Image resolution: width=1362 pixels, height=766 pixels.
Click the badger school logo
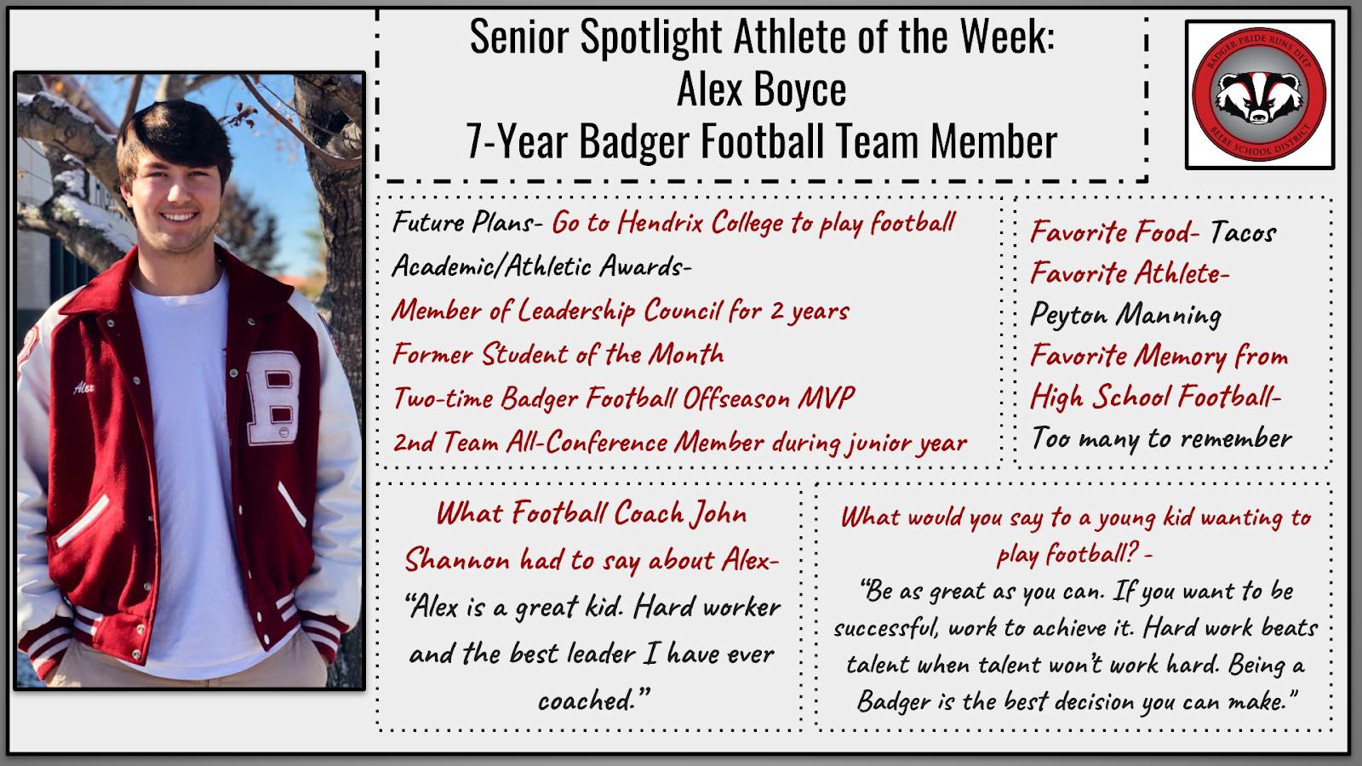tap(1259, 94)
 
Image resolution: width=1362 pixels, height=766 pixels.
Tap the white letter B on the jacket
tap(274, 397)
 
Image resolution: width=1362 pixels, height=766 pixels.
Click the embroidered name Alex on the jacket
tap(84, 387)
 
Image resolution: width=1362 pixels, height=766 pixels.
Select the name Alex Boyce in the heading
tap(761, 89)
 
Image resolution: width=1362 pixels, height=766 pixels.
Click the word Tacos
tap(1243, 232)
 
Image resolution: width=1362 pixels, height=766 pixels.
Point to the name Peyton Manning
tap(1125, 315)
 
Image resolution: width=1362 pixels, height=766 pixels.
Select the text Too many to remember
tap(1161, 438)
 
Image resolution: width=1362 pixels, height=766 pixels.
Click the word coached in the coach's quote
tap(587, 701)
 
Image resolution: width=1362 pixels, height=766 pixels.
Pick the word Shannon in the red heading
tap(457, 559)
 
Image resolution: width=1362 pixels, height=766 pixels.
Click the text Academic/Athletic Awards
tap(541, 266)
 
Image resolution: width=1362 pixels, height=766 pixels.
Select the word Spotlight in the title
tap(652, 37)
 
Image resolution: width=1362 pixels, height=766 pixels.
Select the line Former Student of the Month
tap(558, 354)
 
